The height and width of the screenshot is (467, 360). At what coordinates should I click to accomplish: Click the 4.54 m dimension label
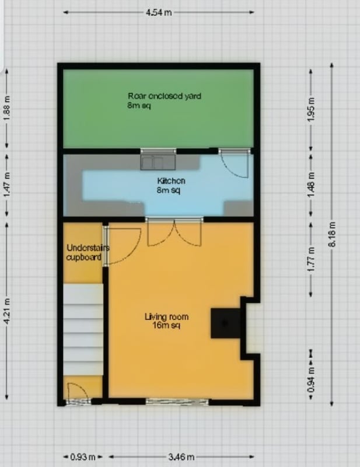[x=159, y=12]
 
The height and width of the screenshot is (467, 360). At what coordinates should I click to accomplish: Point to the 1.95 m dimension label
[x=310, y=110]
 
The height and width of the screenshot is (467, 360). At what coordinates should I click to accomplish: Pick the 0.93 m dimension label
[x=83, y=456]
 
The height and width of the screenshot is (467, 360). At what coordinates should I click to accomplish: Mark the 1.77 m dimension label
[x=310, y=260]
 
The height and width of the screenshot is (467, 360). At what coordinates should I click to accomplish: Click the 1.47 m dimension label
[x=7, y=184]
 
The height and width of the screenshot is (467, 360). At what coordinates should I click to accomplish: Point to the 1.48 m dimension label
[x=310, y=184]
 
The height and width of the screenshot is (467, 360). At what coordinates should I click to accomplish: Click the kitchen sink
[x=158, y=162]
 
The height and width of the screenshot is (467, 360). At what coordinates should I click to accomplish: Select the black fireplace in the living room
[x=225, y=323]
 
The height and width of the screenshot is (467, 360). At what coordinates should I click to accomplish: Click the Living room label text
[x=166, y=320]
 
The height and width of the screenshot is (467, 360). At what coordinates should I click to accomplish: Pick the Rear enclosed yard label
[x=165, y=100]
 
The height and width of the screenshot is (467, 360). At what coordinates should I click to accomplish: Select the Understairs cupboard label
[x=88, y=252]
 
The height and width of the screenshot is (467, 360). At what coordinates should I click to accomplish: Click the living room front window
[x=177, y=402]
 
